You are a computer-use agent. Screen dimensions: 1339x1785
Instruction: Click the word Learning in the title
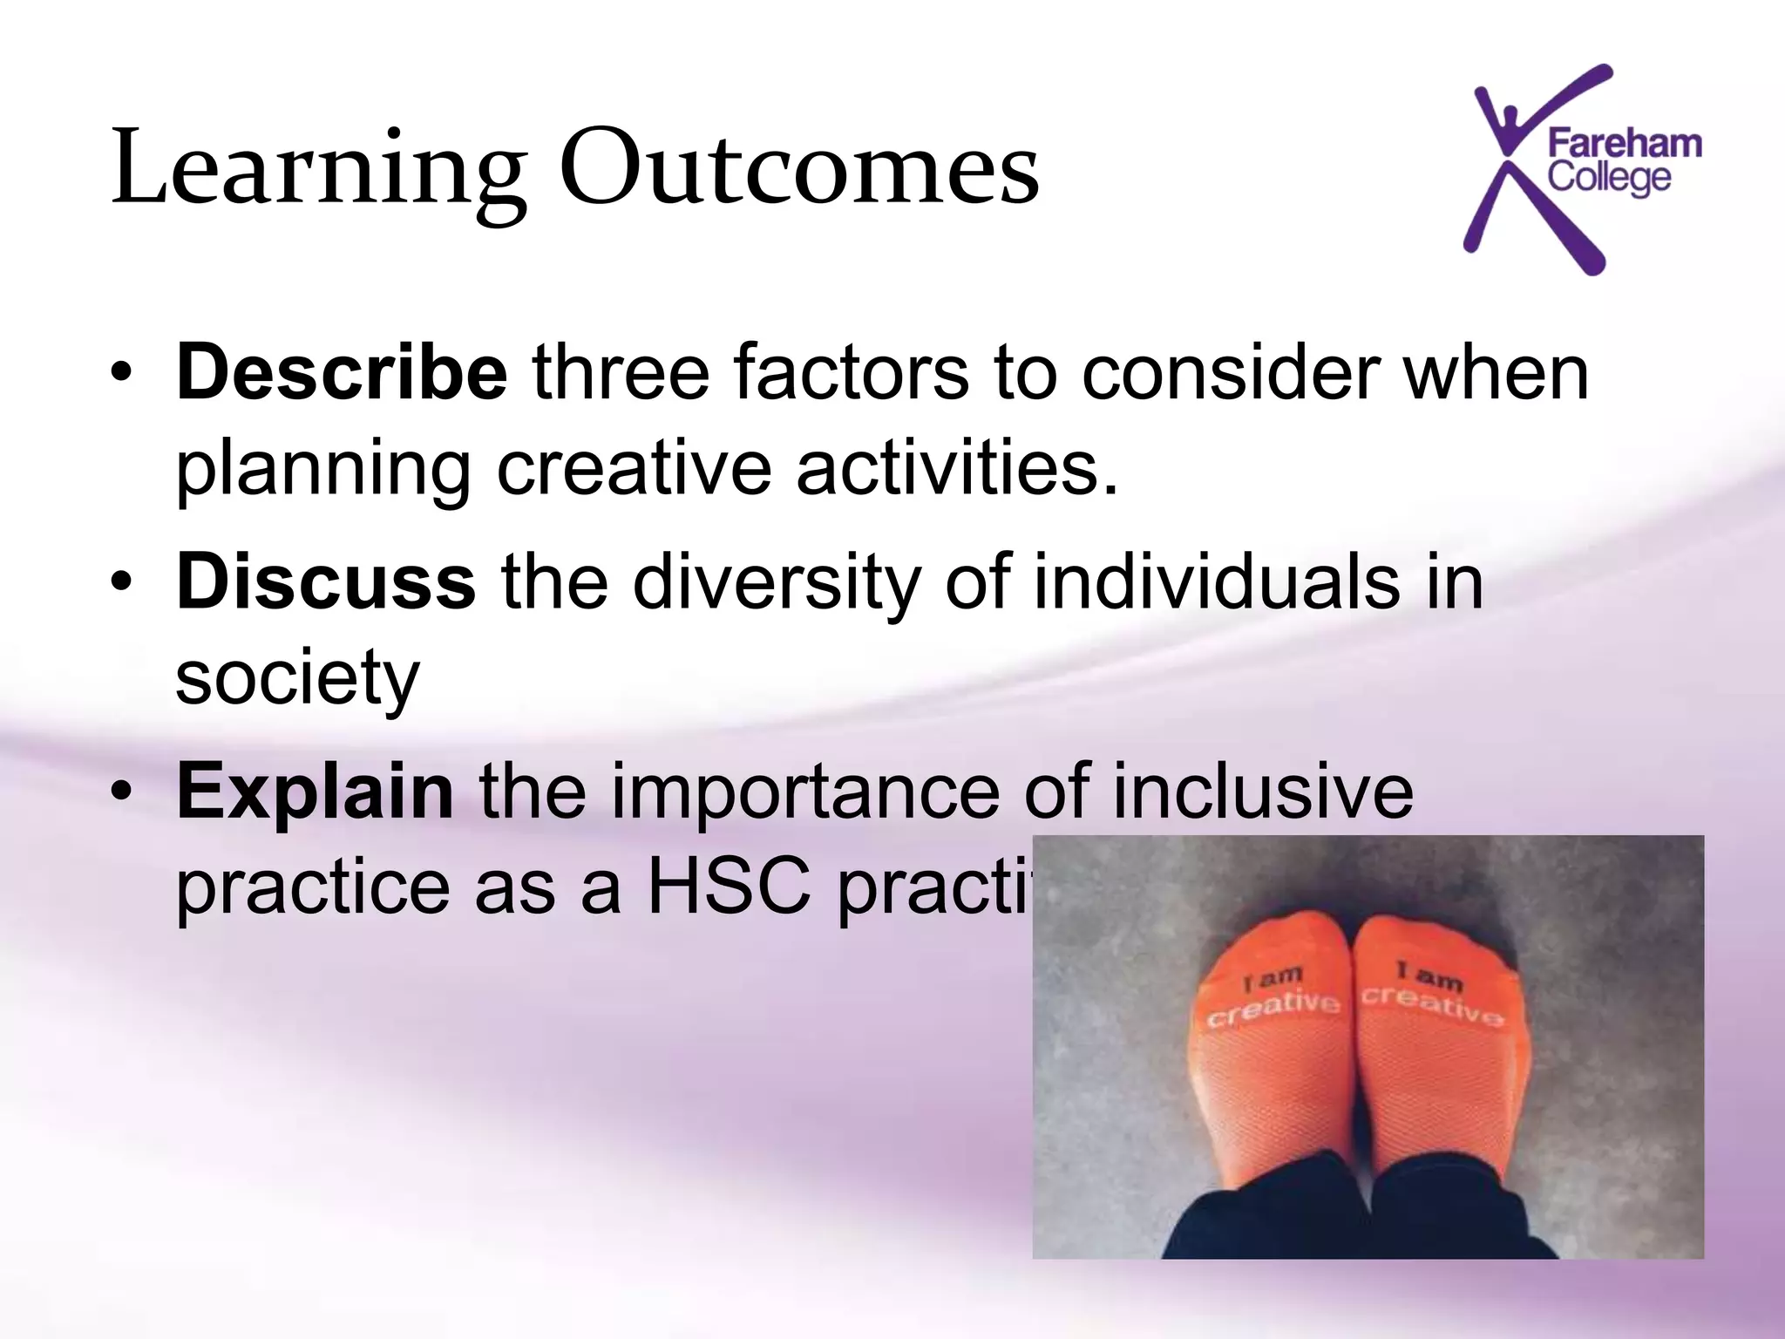pyautogui.click(x=318, y=170)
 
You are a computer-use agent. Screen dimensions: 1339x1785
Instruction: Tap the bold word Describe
pyautogui.click(x=341, y=373)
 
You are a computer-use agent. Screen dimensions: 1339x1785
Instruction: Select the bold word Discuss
pyautogui.click(x=325, y=582)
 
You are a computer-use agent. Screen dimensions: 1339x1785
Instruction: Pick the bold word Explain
pyautogui.click(x=315, y=792)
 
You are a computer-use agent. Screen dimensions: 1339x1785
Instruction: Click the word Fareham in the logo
pyautogui.click(x=1624, y=144)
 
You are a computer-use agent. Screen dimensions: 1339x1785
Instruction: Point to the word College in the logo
pyautogui.click(x=1609, y=179)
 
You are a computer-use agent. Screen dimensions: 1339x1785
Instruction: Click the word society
pyautogui.click(x=297, y=678)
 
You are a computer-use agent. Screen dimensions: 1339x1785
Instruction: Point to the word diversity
pyautogui.click(x=776, y=582)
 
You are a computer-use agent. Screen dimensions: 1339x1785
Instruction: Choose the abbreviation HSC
pyautogui.click(x=728, y=887)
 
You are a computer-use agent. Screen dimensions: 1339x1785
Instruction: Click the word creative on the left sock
pyautogui.click(x=1273, y=1009)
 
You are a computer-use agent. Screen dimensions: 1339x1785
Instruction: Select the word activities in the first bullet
pyautogui.click(x=956, y=469)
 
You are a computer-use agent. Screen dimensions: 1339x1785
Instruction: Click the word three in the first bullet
pyautogui.click(x=621, y=373)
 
